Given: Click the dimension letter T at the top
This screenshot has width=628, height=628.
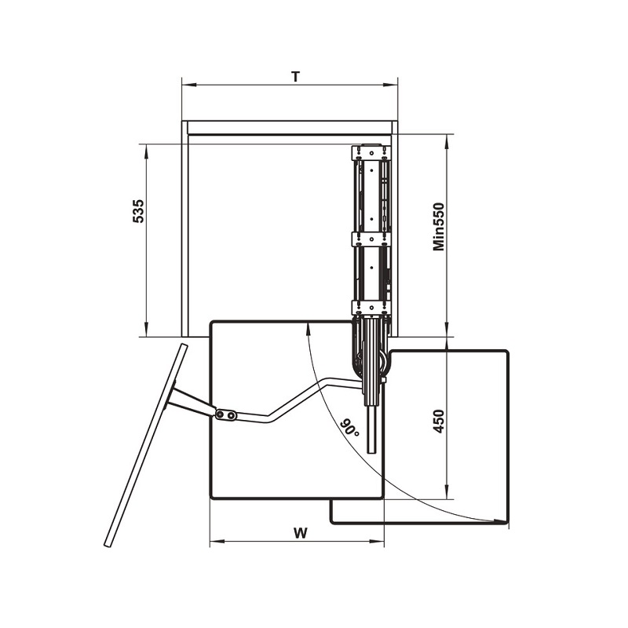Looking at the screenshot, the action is [x=296, y=76].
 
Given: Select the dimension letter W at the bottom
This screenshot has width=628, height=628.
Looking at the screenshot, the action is [x=301, y=534].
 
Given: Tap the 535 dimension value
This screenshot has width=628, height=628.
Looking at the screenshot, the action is [x=139, y=210].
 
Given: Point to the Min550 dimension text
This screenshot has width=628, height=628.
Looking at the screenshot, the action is [x=439, y=227].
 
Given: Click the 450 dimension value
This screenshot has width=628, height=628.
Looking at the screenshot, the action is [x=439, y=421].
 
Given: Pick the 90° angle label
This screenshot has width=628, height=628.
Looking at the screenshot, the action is [x=349, y=428].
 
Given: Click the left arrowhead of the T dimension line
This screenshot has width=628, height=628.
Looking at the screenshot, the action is [x=188, y=85].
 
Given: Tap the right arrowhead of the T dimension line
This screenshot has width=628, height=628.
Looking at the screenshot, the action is [x=390, y=85].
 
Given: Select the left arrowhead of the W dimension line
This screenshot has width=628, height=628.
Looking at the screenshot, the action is [x=217, y=542].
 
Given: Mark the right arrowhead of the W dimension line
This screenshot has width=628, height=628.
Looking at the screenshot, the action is [x=377, y=542].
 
